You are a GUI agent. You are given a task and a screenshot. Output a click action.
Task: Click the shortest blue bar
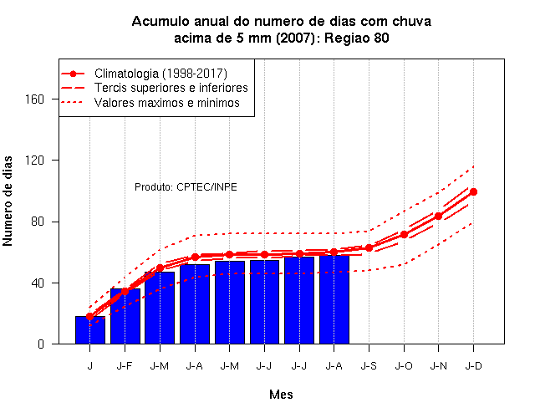point(90,330)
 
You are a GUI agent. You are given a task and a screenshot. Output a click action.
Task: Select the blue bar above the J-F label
point(125,316)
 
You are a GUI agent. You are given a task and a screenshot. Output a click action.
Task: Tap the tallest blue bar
point(334,299)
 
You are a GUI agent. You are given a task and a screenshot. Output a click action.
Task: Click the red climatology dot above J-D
point(473,191)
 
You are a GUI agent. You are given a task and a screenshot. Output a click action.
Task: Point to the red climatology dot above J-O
point(404,234)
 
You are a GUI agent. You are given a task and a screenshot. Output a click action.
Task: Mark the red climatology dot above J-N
point(438,216)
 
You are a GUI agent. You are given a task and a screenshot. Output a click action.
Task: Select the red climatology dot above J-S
point(369,247)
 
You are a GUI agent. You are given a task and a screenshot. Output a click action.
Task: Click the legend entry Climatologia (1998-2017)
point(160,74)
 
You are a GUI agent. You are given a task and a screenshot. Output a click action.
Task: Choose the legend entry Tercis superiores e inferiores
point(171,88)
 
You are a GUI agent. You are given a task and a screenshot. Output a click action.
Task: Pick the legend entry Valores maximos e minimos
point(167,102)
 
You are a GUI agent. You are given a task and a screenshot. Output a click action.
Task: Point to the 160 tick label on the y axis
point(35,99)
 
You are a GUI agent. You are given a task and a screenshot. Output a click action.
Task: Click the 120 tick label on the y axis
point(35,160)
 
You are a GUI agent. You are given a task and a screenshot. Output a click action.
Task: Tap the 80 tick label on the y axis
point(38,222)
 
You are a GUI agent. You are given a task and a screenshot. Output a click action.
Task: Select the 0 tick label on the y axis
point(41,344)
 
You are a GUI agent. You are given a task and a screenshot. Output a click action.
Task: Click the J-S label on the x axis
point(369,366)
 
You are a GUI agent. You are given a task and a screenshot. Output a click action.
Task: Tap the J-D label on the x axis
point(474,366)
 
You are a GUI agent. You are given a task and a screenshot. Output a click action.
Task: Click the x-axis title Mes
point(281,395)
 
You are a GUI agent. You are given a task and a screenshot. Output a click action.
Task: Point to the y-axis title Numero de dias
point(8,201)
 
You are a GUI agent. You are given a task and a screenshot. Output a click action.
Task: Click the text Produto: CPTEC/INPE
point(186,187)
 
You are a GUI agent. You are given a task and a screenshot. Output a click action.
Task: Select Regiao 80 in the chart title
point(357,38)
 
